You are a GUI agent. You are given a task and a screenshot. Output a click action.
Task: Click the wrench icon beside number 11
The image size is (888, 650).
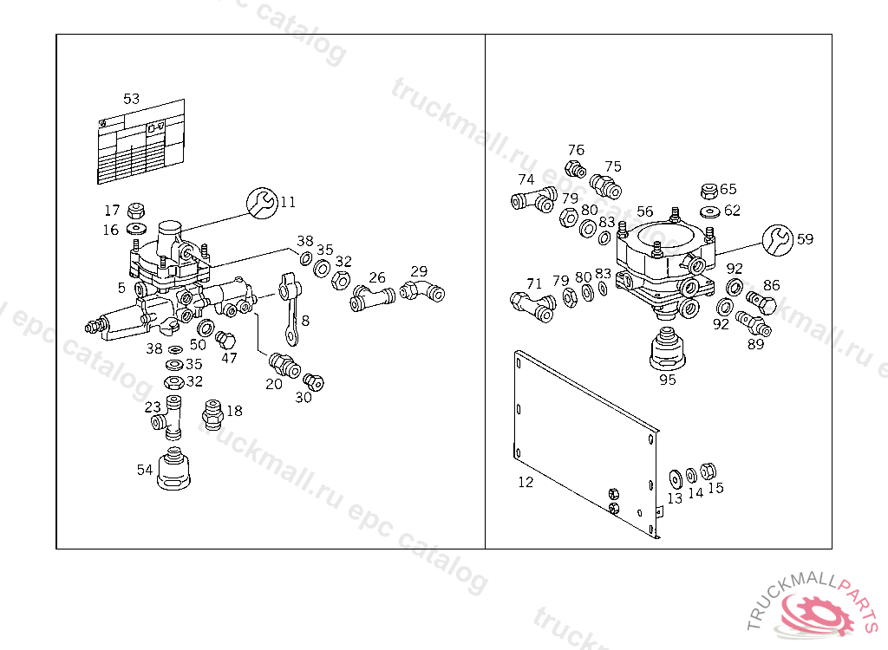pos(262,203)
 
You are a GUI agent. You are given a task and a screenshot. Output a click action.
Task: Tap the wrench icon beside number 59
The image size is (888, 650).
pos(778,239)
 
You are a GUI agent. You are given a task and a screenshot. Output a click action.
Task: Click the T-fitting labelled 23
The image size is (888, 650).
pos(169,416)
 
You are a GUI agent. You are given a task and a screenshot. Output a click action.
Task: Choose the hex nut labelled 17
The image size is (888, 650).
pos(135,211)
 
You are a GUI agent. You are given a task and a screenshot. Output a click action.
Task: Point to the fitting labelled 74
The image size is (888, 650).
pos(531,202)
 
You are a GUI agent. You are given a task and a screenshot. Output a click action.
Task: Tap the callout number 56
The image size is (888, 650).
pos(644,211)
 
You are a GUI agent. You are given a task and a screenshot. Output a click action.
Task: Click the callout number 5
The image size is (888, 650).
pos(121,288)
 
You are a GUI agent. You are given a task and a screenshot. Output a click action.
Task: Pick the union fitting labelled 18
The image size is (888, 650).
pos(212,414)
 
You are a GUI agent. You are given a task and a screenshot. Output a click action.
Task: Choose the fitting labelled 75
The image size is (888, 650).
pos(604,185)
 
